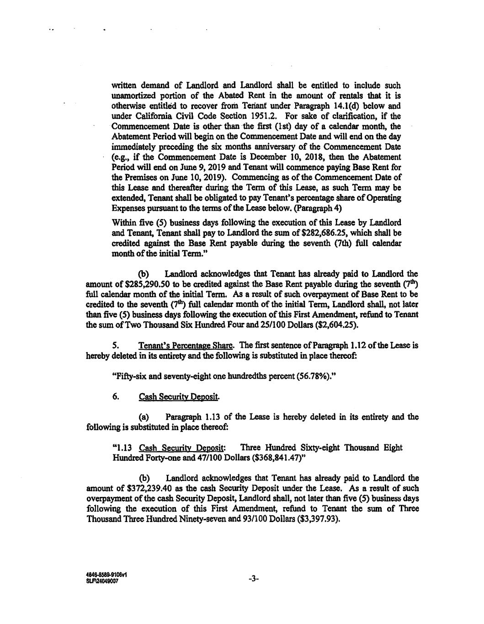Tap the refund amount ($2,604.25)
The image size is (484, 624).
[332, 325]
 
